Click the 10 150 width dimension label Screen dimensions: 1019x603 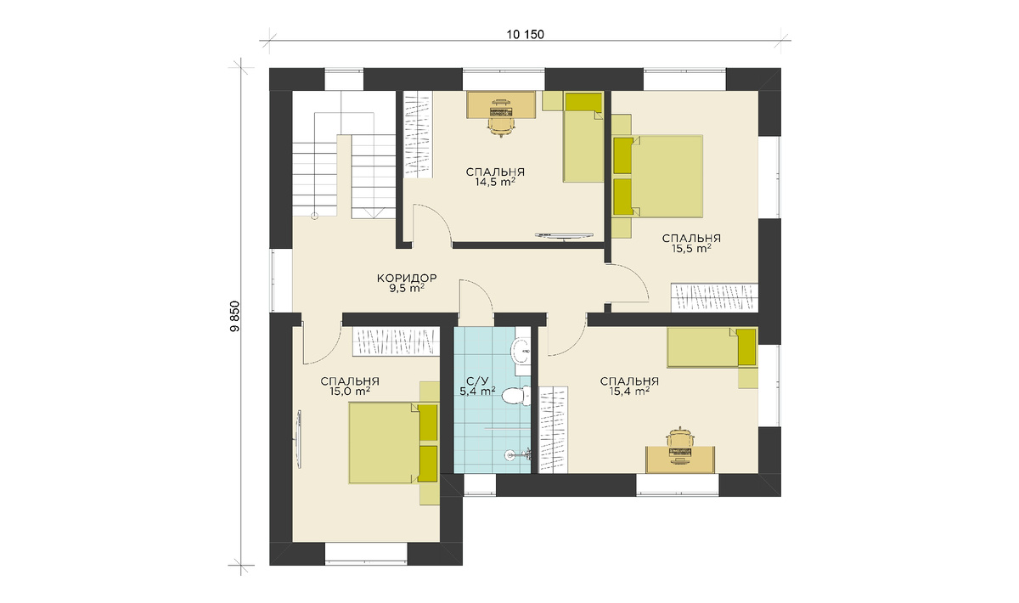pyautogui.click(x=525, y=35)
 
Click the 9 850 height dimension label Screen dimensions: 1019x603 pyautogui.click(x=234, y=317)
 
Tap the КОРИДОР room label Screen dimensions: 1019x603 pyautogui.click(x=407, y=278)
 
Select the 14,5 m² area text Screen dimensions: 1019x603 pyautogui.click(x=495, y=182)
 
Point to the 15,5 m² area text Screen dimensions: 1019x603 pyautogui.click(x=691, y=249)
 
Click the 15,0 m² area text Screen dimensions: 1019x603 pyautogui.click(x=349, y=392)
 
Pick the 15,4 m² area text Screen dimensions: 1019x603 pyautogui.click(x=629, y=391)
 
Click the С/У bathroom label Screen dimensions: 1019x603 pyautogui.click(x=477, y=381)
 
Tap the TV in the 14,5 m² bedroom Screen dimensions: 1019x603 pyautogui.click(x=565, y=235)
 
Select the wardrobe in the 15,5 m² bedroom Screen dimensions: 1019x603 pyautogui.click(x=715, y=297)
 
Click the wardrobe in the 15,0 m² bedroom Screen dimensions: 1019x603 pyautogui.click(x=397, y=341)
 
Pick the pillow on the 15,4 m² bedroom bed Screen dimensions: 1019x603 pyautogui.click(x=746, y=347)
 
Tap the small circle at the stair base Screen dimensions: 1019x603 pyautogui.click(x=314, y=217)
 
